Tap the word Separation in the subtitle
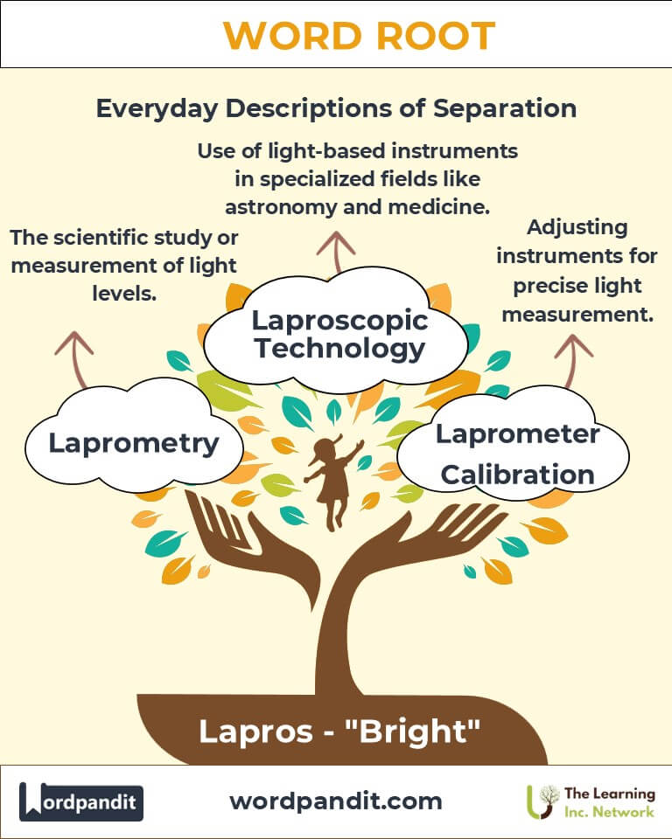[x=505, y=108]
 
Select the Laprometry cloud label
[x=134, y=444]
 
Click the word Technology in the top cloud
[x=340, y=349]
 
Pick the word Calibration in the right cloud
[x=518, y=475]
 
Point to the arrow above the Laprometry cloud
[x=75, y=358]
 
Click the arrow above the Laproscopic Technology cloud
[x=336, y=252]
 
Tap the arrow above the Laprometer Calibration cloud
[x=572, y=360]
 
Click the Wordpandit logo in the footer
[x=80, y=801]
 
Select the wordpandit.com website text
[x=336, y=801]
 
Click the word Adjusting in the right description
[x=577, y=228]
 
